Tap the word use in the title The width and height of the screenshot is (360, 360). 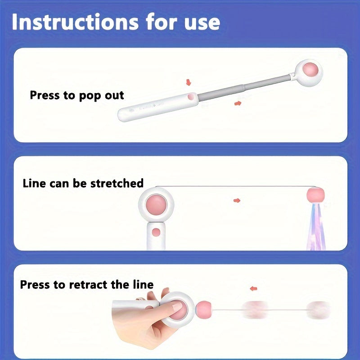coord(199,22)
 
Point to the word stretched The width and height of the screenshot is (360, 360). coord(117,183)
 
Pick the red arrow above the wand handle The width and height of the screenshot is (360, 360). coord(189,82)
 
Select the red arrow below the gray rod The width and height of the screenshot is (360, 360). coord(238,103)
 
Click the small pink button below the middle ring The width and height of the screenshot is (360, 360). coord(156,232)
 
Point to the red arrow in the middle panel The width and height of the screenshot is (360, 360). coord(237,200)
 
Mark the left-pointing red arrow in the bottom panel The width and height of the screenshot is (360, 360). coord(254,288)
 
